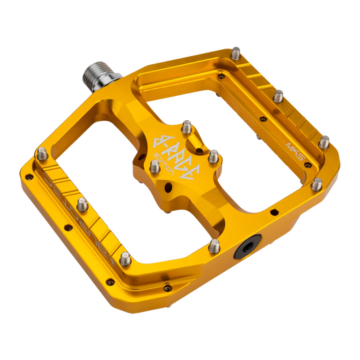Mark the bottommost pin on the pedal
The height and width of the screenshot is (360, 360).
coord(126,257)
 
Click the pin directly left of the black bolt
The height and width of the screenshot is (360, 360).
coord(214,245)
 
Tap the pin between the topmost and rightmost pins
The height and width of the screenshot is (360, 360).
coord(279,97)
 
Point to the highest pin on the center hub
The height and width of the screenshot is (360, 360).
coord(188,124)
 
